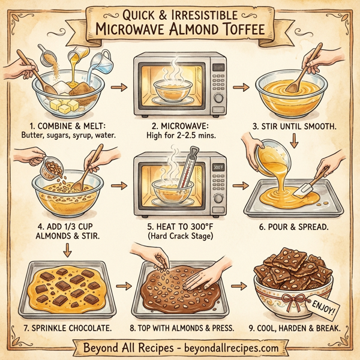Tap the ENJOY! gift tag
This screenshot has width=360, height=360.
pos(325,307)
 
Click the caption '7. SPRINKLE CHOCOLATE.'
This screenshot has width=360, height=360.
pos(61,329)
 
